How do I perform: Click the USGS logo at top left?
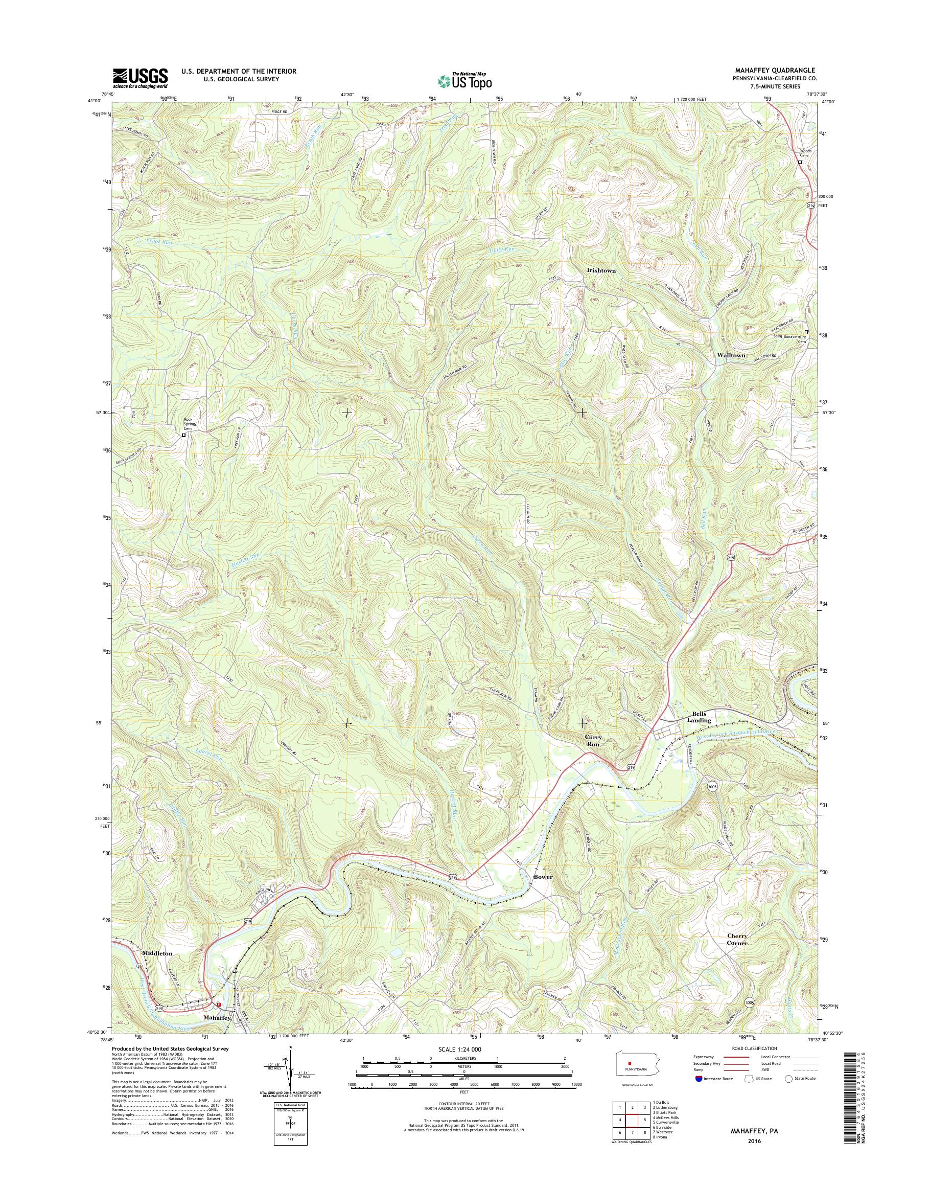tap(140, 78)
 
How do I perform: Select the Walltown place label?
tap(731, 355)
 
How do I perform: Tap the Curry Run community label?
tap(593, 740)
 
